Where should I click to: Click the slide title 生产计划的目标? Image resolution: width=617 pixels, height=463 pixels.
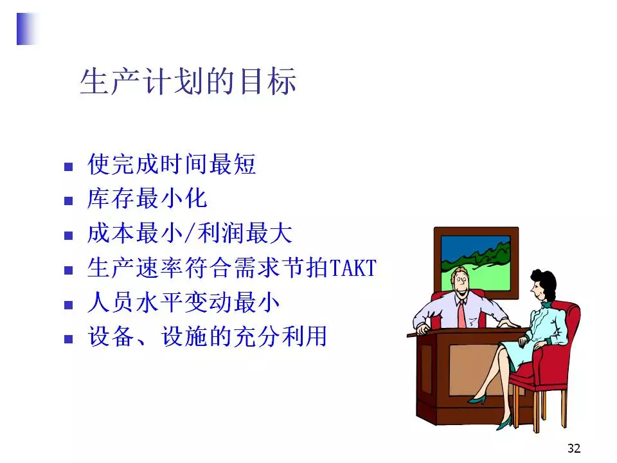(x=188, y=82)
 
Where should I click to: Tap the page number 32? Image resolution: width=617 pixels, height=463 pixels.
(x=574, y=448)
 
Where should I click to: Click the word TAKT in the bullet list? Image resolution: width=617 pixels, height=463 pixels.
(x=353, y=268)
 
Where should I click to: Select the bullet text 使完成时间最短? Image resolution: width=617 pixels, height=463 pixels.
(x=172, y=164)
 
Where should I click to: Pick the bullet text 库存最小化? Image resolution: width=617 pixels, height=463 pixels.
(x=147, y=198)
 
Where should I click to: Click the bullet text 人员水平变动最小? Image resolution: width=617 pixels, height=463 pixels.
(x=184, y=302)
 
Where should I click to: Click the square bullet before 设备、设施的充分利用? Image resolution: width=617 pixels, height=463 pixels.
(x=69, y=339)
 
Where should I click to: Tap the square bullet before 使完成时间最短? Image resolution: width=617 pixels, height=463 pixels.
(x=69, y=167)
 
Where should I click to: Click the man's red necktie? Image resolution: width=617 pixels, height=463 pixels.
(x=461, y=314)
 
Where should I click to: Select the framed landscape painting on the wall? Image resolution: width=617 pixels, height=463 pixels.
(x=476, y=262)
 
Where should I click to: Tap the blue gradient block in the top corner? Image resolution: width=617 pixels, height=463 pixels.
(x=28, y=29)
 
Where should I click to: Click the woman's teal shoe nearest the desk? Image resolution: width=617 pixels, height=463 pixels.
(x=478, y=399)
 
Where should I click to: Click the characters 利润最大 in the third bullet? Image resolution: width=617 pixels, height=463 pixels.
(x=245, y=233)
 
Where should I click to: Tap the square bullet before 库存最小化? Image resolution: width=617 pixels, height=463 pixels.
(x=69, y=201)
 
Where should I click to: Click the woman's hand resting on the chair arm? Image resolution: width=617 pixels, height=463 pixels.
(x=523, y=341)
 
